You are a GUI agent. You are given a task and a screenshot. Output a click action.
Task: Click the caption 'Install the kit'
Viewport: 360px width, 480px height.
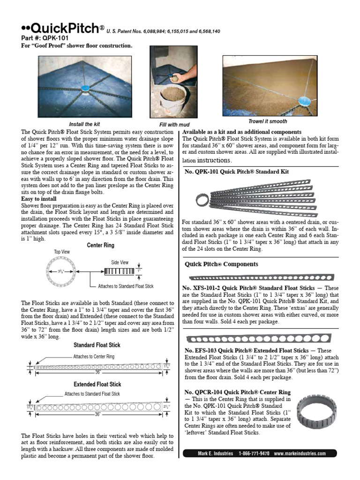pyautogui.click(x=84, y=124)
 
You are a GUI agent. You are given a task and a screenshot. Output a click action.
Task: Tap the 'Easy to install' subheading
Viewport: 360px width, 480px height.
pyautogui.click(x=39, y=199)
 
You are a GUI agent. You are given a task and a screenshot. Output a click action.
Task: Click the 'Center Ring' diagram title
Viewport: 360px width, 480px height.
pyautogui.click(x=100, y=245)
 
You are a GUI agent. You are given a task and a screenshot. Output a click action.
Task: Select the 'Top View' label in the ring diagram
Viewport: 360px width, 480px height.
pyautogui.click(x=61, y=252)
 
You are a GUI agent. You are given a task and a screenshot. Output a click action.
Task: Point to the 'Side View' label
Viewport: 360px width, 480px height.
pyautogui.click(x=120, y=262)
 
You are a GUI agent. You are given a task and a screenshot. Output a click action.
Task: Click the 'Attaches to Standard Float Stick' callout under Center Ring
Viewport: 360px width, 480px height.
pyautogui.click(x=126, y=286)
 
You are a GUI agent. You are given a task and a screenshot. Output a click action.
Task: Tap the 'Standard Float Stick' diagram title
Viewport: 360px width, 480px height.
pyautogui.click(x=97, y=345)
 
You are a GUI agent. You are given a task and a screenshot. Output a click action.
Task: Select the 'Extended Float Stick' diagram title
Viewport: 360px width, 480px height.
pyautogui.click(x=97, y=384)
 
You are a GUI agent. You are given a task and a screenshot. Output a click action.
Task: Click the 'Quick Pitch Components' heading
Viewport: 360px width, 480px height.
pyautogui.click(x=221, y=264)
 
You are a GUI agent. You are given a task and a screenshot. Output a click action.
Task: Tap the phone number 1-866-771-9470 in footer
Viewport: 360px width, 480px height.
pyautogui.click(x=254, y=454)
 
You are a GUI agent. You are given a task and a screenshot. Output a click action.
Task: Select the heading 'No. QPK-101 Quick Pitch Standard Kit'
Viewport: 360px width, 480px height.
pyautogui.click(x=237, y=172)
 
